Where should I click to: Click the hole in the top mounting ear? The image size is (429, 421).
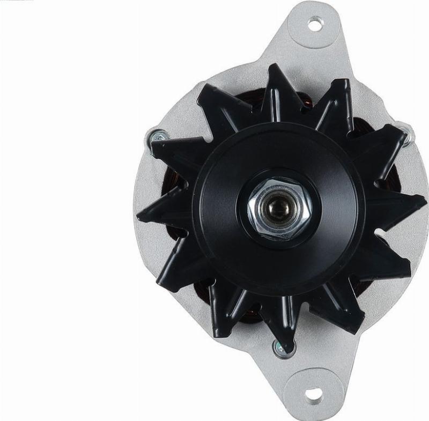[316, 24]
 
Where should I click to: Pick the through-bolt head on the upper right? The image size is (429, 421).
[406, 132]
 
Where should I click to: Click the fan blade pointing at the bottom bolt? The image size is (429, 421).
[279, 322]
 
